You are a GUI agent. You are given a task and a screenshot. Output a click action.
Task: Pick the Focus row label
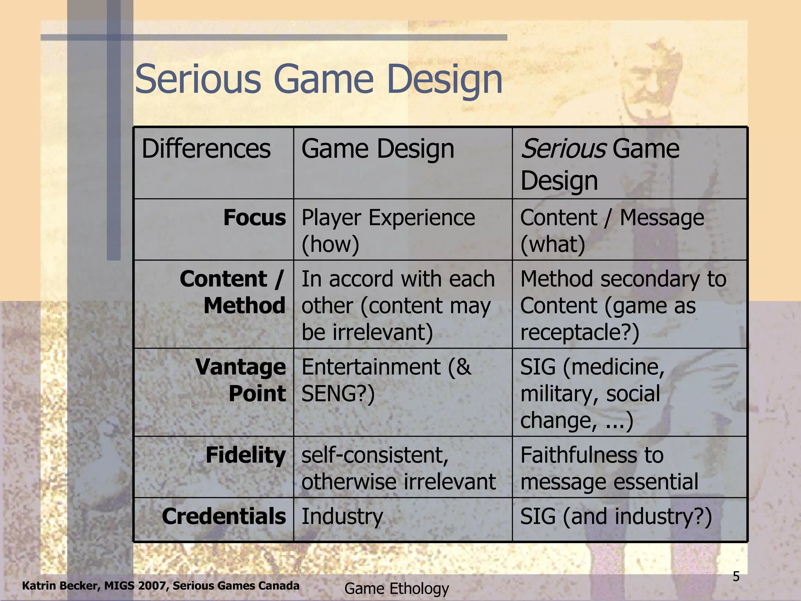point(254,218)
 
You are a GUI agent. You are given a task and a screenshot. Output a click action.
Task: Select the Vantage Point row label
point(240,380)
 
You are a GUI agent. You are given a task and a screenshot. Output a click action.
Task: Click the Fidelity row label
point(246,455)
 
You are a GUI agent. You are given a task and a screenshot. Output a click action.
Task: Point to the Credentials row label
point(224,516)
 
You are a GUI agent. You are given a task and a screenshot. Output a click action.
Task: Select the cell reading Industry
point(342,516)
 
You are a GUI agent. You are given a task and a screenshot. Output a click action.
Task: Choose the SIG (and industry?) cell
point(616,516)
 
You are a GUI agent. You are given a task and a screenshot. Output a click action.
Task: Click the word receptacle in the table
point(575,332)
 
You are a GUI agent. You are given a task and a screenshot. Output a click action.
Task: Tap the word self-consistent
point(375,455)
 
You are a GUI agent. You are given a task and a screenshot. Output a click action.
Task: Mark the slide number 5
point(736,576)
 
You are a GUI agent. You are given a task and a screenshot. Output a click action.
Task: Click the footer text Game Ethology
point(397,588)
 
